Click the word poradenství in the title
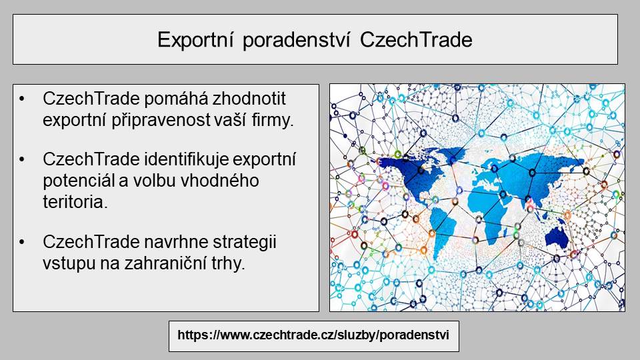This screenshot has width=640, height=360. click(x=296, y=41)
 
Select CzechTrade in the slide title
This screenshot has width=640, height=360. click(x=416, y=40)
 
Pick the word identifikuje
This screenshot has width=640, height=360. click(x=186, y=159)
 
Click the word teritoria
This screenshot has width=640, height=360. click(x=75, y=201)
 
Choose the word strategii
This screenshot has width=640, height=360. click(x=245, y=243)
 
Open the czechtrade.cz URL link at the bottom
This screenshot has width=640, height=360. click(x=313, y=335)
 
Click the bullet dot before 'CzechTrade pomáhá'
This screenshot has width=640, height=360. click(x=22, y=99)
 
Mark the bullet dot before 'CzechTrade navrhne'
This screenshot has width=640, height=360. click(x=22, y=242)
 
